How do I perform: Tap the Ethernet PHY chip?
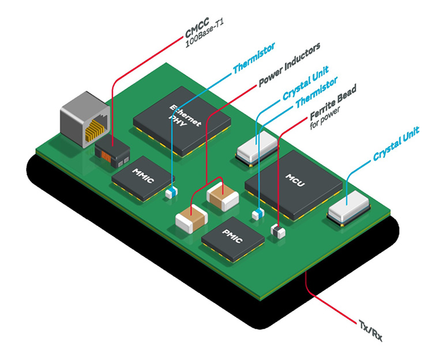(x=182, y=120)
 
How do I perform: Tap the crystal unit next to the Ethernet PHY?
(x=257, y=148)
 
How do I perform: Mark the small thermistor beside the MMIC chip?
(x=171, y=193)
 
